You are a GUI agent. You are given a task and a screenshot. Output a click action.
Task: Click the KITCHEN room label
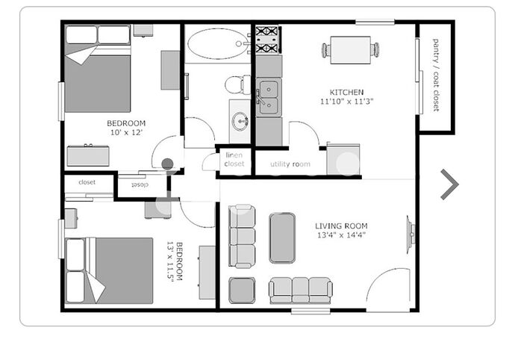pos(346,92)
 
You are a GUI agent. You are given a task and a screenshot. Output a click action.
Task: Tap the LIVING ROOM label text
pos(341,226)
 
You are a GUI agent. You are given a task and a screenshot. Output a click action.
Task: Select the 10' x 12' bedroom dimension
pos(126,132)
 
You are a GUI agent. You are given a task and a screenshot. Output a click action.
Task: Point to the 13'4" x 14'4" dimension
pos(341,235)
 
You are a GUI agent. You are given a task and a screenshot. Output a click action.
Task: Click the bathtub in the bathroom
pos(218,44)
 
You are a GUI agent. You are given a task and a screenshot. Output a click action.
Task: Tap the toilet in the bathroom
pos(237,85)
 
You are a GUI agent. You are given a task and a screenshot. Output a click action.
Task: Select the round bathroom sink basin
pos(240,121)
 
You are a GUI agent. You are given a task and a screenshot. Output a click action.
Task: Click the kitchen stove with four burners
pos(268,40)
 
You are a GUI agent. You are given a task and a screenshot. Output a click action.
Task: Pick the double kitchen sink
pos(269,97)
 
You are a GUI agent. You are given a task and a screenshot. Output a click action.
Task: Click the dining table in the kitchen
pos(351,50)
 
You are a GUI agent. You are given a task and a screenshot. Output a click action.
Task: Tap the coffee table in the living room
pos(282,238)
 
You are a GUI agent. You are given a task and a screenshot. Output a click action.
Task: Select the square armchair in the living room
pos(242,291)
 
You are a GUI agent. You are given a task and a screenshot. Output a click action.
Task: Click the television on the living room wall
pos(411,235)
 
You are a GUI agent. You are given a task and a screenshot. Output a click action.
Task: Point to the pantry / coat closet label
pos(436,75)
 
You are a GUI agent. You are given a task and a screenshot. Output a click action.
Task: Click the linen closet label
pos(234,159)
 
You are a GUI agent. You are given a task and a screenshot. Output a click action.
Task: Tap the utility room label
pos(290,164)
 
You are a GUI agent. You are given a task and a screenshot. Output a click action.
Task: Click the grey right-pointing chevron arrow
pos(449,184)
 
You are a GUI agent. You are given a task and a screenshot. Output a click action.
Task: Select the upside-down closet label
pos(140,184)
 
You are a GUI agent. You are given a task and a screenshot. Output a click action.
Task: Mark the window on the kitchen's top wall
pos(375,22)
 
